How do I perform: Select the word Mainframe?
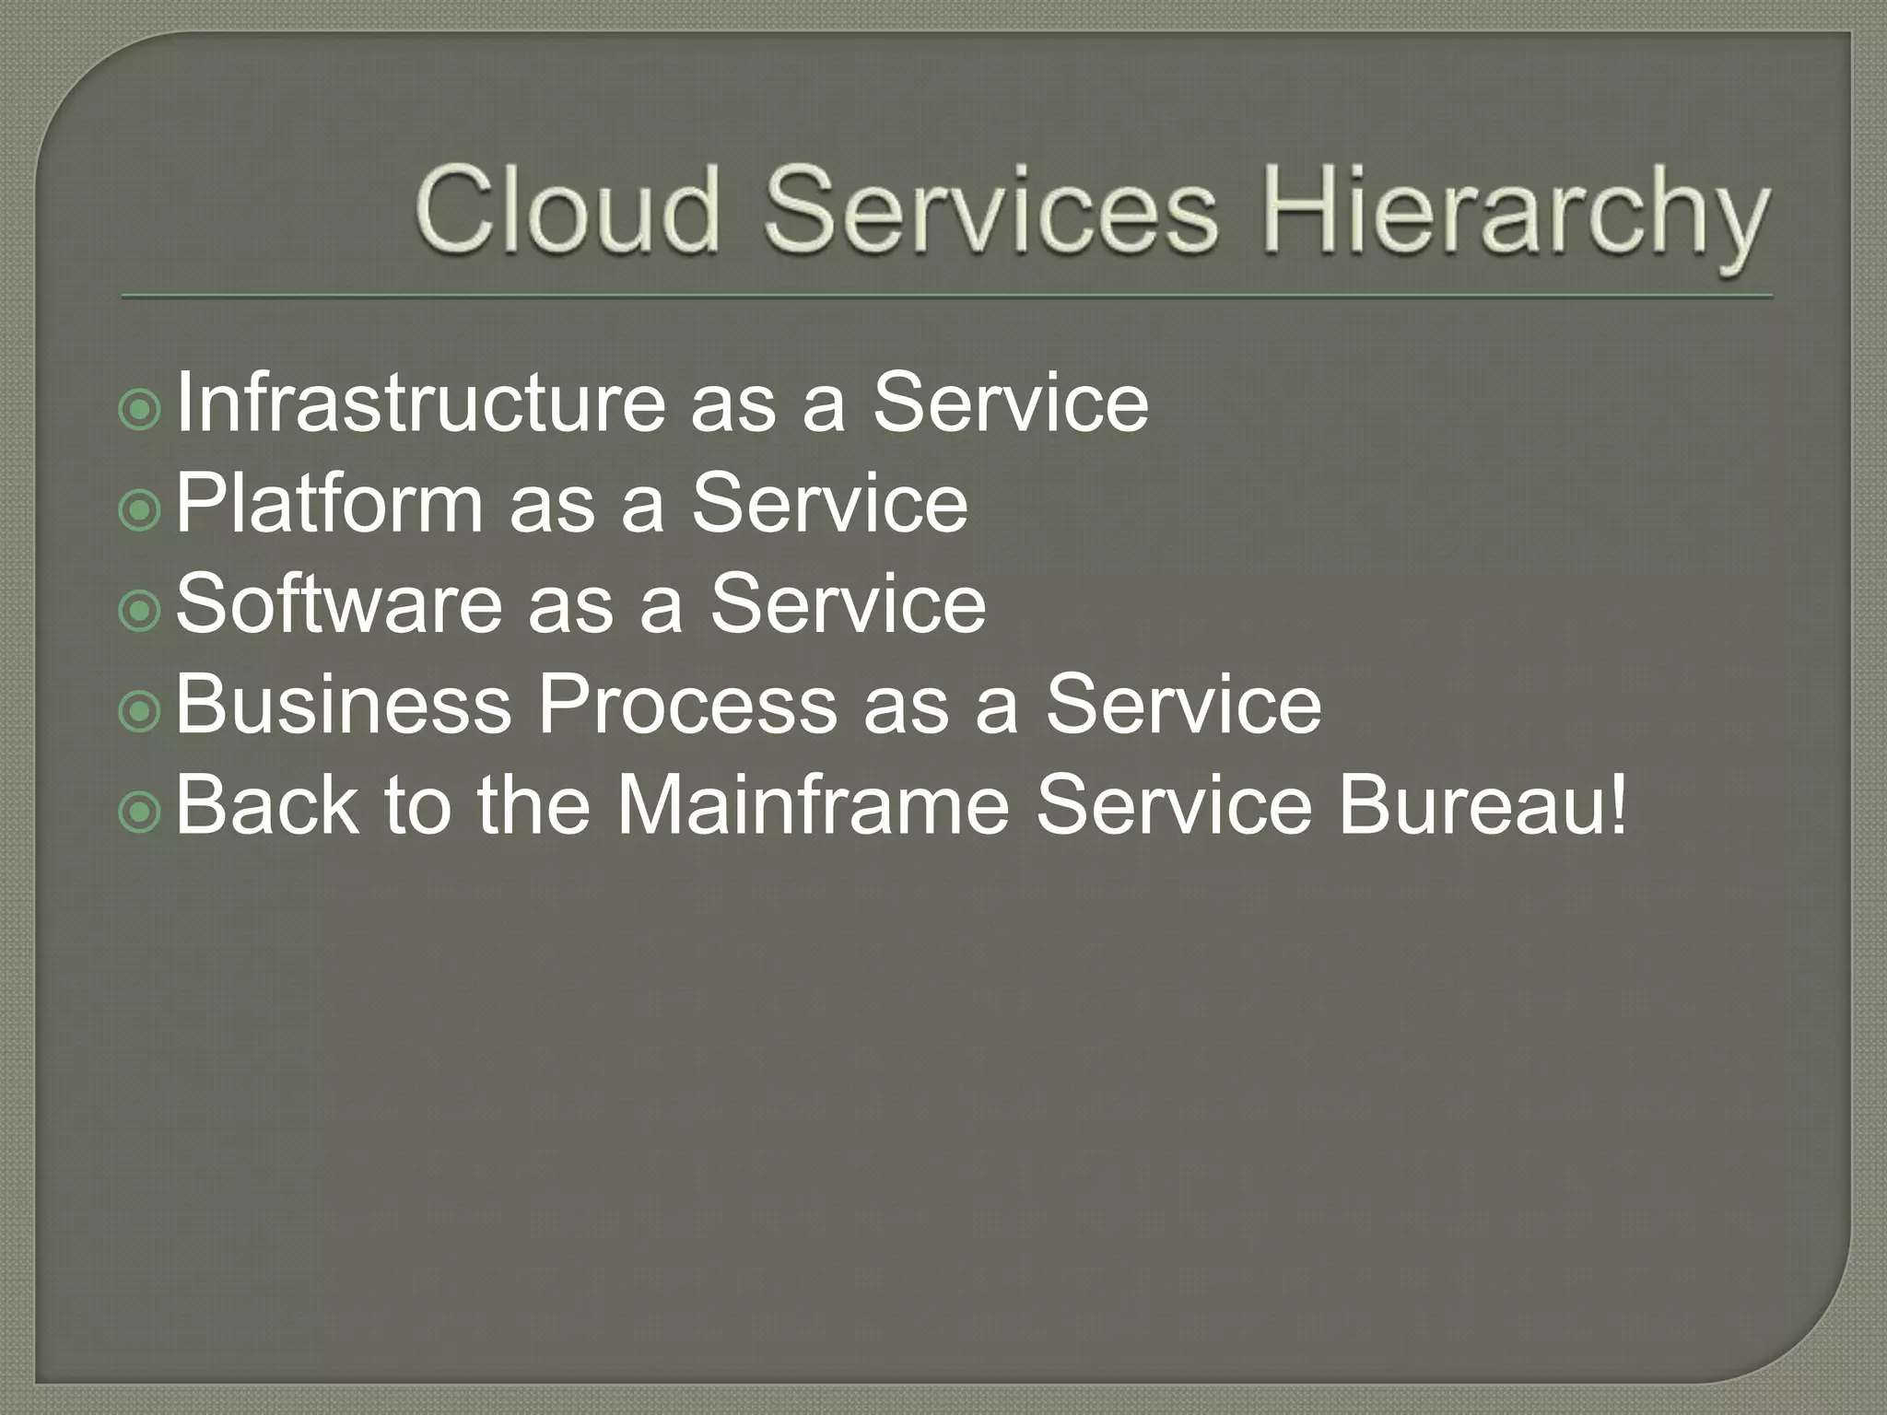click(x=813, y=805)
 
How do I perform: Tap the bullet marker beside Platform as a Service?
click(x=140, y=511)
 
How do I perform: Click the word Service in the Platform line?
click(x=829, y=503)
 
